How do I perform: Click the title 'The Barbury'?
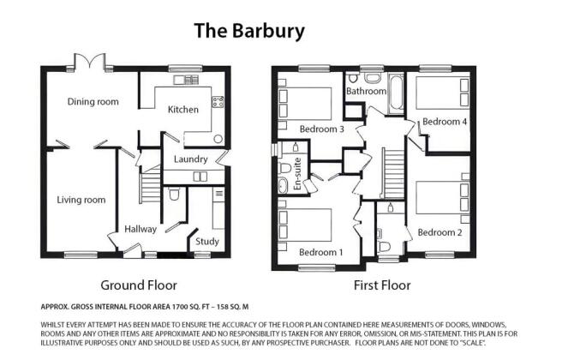coord(248,32)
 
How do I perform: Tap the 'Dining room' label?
coord(93,102)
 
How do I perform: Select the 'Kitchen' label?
coord(182,110)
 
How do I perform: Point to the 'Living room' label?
coord(81,200)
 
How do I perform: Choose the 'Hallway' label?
coord(140,229)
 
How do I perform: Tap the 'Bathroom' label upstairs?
coord(366,90)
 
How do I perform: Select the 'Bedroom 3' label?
coord(321,129)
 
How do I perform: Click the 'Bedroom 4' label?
coord(445,122)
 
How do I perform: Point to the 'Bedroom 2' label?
coord(439,232)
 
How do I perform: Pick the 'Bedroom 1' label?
coord(321,252)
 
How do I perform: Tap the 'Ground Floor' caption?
coord(139,285)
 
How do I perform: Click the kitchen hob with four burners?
coord(218,102)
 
